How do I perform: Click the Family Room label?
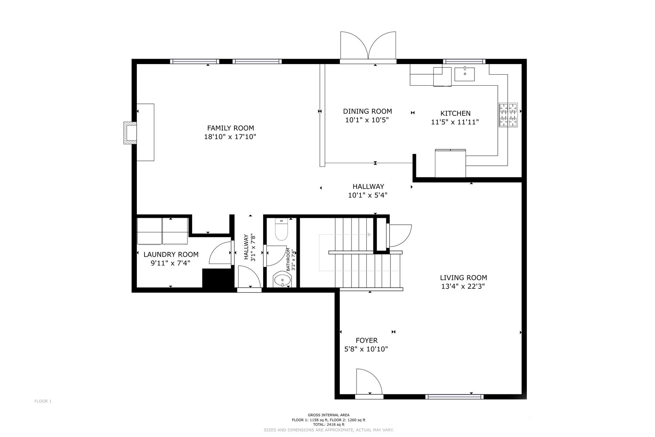point(230,128)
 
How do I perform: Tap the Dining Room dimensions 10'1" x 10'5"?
point(367,120)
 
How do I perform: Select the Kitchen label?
point(455,114)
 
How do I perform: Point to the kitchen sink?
point(465,74)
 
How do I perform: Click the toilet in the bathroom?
point(281,229)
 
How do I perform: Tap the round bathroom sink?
point(282,280)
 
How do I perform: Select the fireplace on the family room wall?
point(130,133)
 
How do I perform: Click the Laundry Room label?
point(171,255)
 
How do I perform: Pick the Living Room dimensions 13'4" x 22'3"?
point(463,287)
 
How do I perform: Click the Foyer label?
point(366,340)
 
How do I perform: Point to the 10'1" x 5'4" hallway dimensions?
point(368,195)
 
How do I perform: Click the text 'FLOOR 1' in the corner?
point(43,401)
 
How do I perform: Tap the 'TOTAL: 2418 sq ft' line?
point(328,425)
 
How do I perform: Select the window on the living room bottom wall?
point(454,397)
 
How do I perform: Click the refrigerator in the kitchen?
point(450,163)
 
